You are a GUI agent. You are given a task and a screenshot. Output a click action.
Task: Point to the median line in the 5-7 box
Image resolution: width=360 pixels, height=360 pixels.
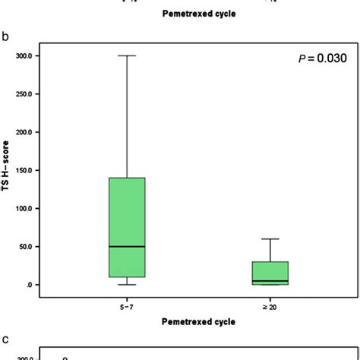coord(127,247)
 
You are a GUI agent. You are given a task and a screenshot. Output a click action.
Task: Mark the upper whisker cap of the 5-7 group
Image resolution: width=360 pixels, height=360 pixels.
coord(127,55)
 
